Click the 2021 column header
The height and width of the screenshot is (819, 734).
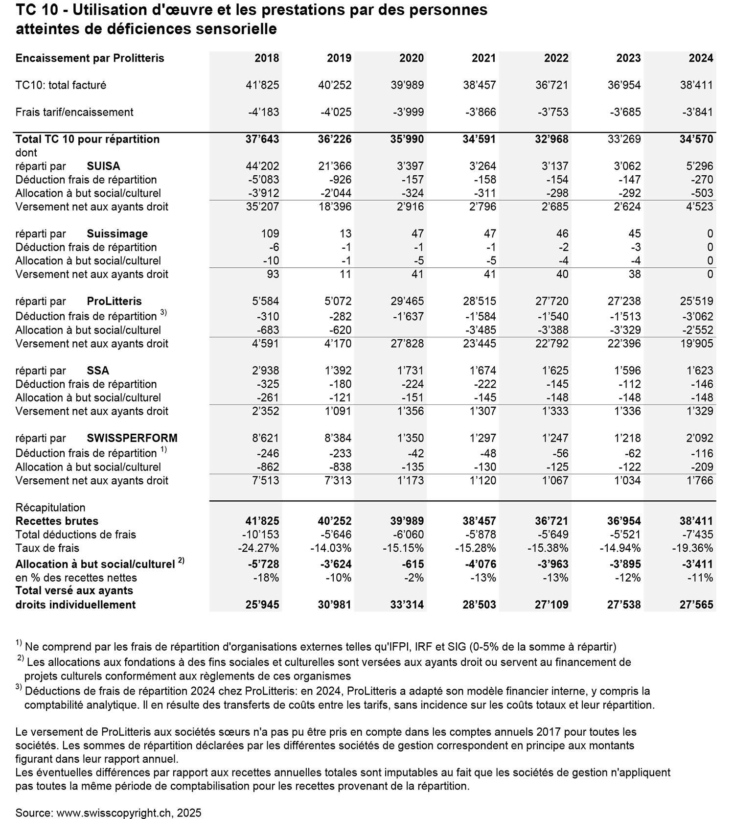click(x=483, y=58)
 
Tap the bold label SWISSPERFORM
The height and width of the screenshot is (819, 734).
click(x=132, y=438)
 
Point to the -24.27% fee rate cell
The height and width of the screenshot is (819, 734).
click(x=258, y=548)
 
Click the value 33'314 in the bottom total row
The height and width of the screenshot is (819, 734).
click(x=407, y=605)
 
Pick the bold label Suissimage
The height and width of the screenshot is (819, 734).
click(x=117, y=234)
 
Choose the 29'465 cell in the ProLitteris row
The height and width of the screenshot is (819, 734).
click(x=407, y=301)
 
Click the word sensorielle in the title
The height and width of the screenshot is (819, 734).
click(x=236, y=29)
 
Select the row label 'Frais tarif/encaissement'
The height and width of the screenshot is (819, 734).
click(x=74, y=112)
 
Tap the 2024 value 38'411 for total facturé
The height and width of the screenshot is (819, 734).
click(x=696, y=85)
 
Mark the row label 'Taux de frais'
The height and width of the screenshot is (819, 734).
click(x=47, y=548)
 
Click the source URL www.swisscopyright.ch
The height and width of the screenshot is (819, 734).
click(x=115, y=813)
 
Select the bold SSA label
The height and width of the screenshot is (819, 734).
click(x=98, y=371)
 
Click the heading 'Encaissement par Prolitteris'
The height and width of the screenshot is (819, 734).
click(x=90, y=58)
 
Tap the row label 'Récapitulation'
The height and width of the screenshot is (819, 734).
click(x=50, y=507)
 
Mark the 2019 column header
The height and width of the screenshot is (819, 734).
click(x=339, y=58)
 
